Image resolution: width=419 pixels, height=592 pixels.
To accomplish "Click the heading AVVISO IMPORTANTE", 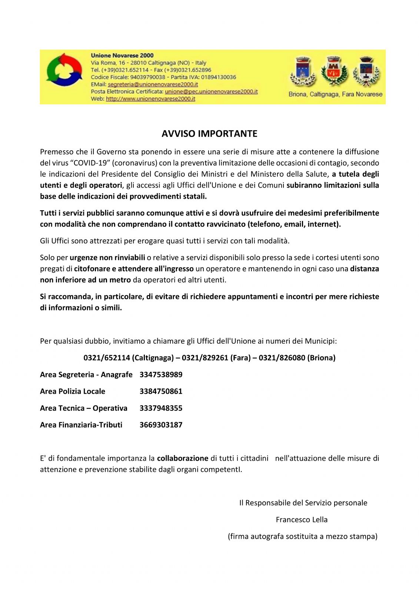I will click(209, 134).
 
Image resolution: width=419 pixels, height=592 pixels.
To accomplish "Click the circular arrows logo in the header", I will click(64, 70).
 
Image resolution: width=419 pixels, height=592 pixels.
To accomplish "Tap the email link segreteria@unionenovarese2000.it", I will click(153, 84).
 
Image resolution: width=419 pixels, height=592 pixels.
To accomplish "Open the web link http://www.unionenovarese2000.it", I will click(150, 99).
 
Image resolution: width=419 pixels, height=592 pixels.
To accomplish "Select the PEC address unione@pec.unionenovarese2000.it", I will click(211, 91).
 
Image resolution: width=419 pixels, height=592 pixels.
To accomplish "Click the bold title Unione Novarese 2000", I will click(122, 55).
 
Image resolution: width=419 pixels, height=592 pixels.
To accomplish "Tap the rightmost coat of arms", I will click(366, 71).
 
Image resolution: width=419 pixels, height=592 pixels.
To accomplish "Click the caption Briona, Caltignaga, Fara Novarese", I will click(335, 94).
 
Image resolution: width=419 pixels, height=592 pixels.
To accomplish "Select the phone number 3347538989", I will click(161, 374).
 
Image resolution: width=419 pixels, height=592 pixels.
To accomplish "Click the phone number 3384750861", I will click(161, 391).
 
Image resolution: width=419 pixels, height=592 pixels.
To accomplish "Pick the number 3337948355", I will click(161, 408).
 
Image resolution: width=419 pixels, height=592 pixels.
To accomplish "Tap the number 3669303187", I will click(161, 425).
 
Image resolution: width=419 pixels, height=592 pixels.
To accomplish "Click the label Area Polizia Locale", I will click(73, 391).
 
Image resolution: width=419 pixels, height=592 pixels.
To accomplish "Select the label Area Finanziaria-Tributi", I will click(81, 425).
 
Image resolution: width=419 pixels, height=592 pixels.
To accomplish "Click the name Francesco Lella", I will click(302, 519).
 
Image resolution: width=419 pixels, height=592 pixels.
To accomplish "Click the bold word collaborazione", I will click(183, 458).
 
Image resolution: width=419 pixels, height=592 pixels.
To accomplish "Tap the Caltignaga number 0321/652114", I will click(107, 358).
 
